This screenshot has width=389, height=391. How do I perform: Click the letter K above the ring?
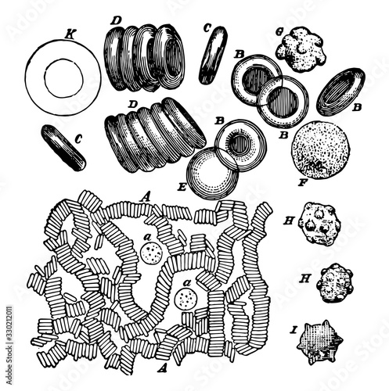click(x=69, y=35)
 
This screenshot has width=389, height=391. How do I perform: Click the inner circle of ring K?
click(x=64, y=59)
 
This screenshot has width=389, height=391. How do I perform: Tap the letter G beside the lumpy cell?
click(x=279, y=32)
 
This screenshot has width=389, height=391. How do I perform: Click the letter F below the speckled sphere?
click(x=302, y=182)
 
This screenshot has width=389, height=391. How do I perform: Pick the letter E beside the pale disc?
click(x=182, y=187)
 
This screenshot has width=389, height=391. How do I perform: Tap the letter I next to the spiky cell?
click(x=294, y=331)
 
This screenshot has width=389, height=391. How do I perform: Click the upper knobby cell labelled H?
click(x=320, y=224)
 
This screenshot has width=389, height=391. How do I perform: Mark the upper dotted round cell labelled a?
click(x=151, y=253)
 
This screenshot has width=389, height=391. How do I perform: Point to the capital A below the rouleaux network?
click(x=162, y=368)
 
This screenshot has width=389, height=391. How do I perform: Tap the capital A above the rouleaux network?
click(x=145, y=198)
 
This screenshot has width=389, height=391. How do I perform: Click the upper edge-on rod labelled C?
click(x=213, y=55)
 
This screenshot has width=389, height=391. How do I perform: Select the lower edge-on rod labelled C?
click(x=63, y=148)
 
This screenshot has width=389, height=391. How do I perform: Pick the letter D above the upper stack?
click(x=115, y=21)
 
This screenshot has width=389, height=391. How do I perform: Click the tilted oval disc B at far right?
click(x=340, y=91)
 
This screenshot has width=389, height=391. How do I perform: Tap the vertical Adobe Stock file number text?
click(x=9, y=344)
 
